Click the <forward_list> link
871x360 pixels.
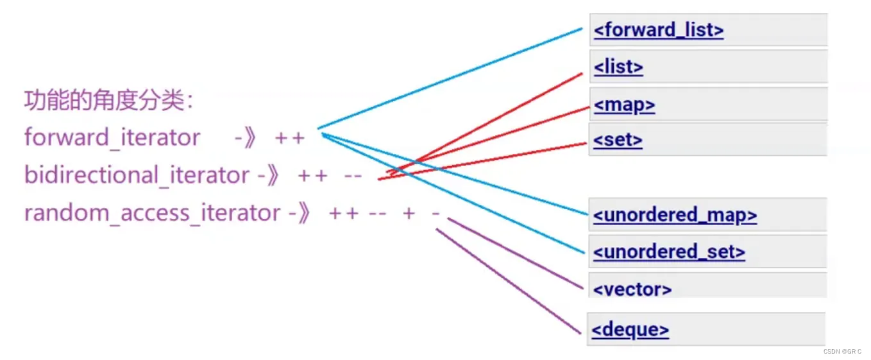[658, 30]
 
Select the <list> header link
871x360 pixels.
[618, 67]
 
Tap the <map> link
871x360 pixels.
[624, 105]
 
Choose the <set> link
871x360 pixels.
[618, 140]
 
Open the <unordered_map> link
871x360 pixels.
[675, 215]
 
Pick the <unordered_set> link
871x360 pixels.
[669, 252]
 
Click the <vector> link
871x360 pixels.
[632, 289]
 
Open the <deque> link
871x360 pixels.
[630, 330]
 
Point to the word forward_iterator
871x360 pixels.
[112, 137]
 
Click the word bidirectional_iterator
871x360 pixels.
[137, 175]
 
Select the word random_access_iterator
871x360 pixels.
[152, 213]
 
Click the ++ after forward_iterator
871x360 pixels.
[289, 138]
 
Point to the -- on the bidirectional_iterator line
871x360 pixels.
[353, 176]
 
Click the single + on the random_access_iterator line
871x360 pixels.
[409, 213]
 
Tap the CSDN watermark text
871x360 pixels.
[842, 351]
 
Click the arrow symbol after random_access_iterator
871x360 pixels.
[300, 213]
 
